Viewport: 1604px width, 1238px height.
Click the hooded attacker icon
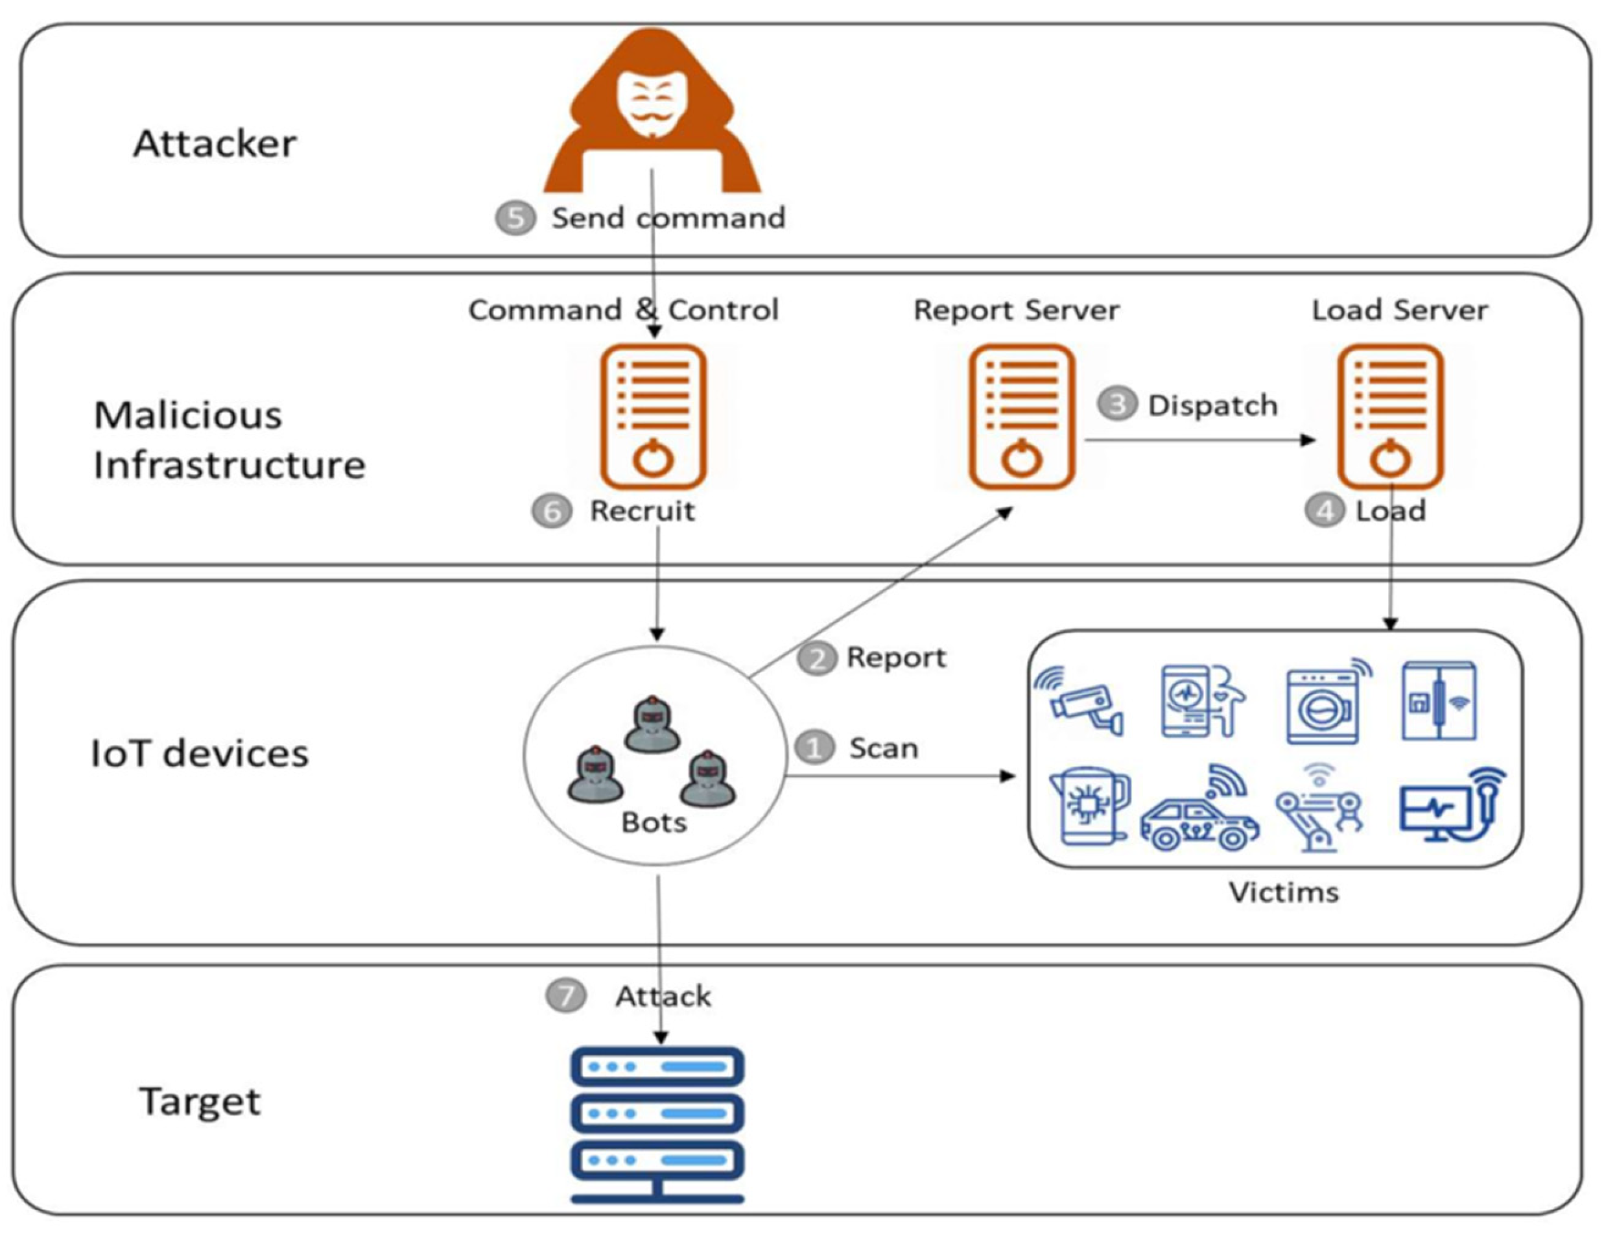tap(652, 110)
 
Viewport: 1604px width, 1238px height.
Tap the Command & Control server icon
tap(654, 416)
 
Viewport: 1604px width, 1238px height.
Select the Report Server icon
tap(1022, 416)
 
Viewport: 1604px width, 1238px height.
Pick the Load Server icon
tap(1390, 416)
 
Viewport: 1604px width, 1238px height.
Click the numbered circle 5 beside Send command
tap(515, 218)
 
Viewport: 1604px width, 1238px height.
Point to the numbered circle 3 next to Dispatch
tap(1118, 404)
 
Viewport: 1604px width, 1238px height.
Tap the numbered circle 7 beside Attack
tap(566, 996)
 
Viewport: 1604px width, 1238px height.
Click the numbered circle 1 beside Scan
tap(814, 748)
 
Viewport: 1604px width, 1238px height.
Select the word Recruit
tap(642, 510)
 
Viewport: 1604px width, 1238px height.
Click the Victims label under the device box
tap(1284, 892)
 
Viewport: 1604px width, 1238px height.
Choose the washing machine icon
tap(1328, 702)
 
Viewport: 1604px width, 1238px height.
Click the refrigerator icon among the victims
tap(1439, 701)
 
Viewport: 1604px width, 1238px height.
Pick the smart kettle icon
tap(1090, 806)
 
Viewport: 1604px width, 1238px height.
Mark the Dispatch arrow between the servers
tap(1200, 440)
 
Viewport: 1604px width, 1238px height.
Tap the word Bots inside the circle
tap(654, 822)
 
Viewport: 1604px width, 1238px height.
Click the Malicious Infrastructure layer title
tap(229, 440)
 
